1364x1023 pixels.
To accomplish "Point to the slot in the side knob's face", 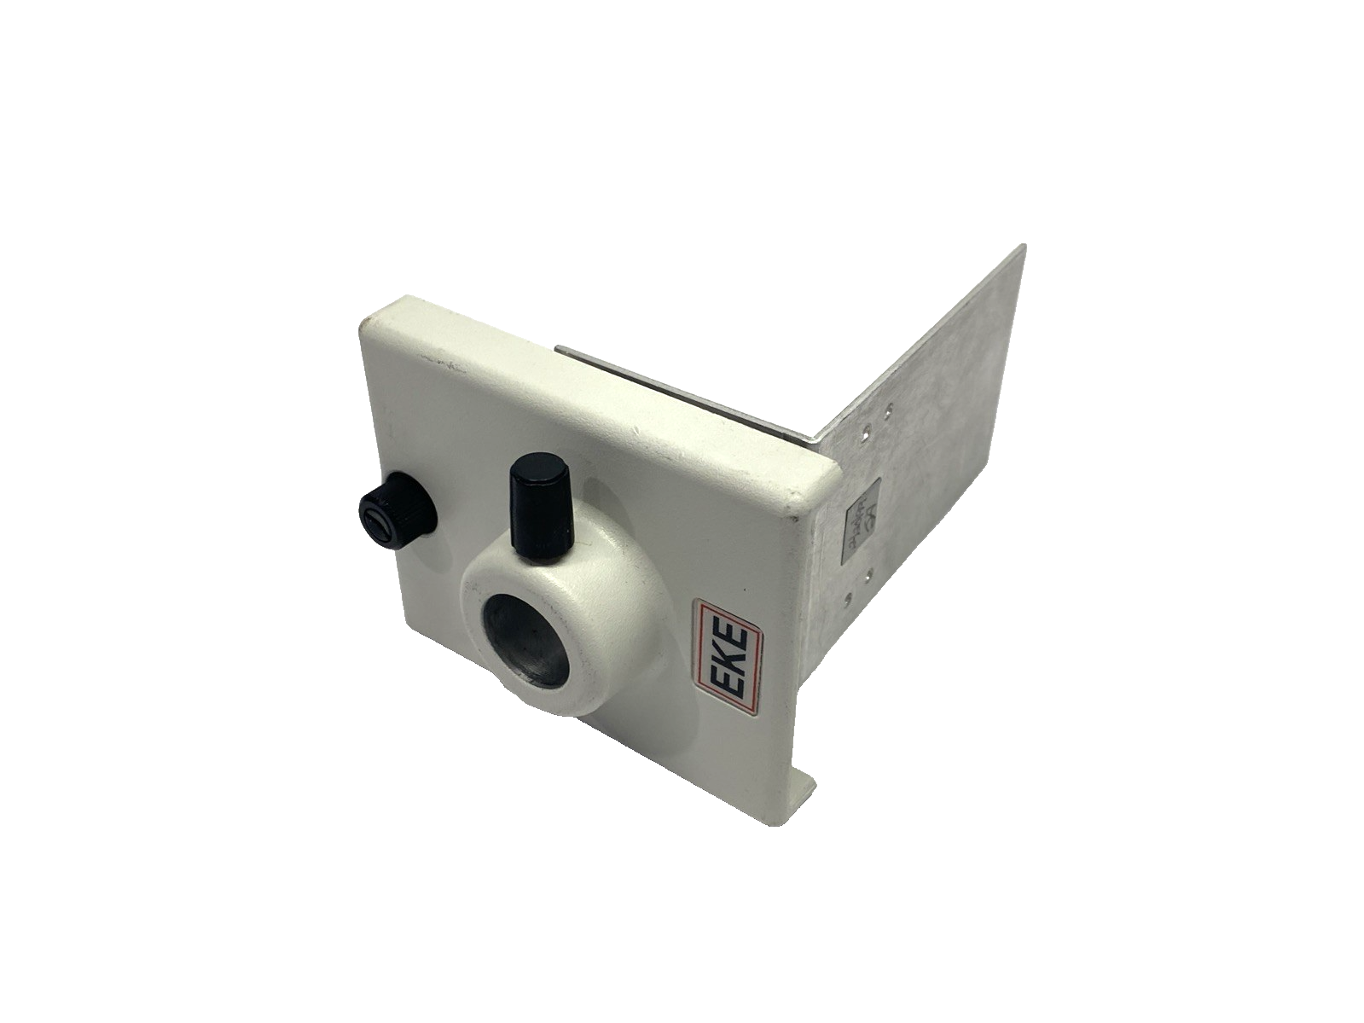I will click(x=378, y=524).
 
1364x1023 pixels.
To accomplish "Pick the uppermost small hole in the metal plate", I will click(x=888, y=409).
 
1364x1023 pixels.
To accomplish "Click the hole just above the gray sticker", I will click(x=867, y=430).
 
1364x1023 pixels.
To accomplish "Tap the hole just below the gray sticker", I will click(x=868, y=576).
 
